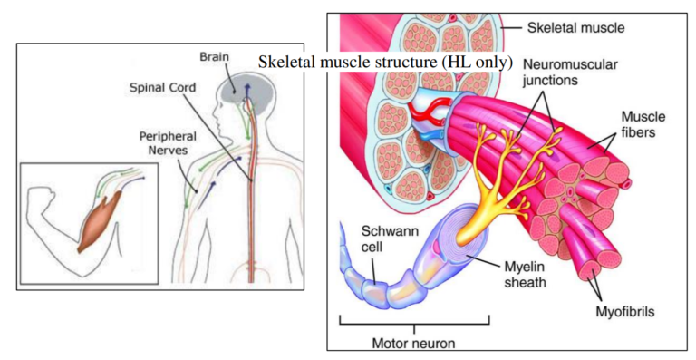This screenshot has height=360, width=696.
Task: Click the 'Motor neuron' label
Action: pos(413,343)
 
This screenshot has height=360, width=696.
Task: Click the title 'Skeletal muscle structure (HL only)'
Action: pos(386,63)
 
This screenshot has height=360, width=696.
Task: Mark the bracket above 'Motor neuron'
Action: pos(413,323)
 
